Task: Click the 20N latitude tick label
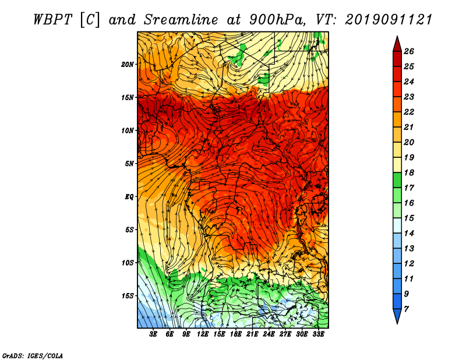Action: (127, 65)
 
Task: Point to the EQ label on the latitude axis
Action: (129, 197)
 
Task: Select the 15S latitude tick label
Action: (127, 296)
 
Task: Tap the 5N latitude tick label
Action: (129, 164)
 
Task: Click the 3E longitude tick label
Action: (153, 334)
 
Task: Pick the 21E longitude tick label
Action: (252, 334)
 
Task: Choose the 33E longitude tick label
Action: (318, 334)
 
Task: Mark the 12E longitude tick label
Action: (202, 334)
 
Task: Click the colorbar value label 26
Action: (409, 51)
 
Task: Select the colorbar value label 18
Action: (409, 172)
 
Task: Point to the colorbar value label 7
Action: (406, 309)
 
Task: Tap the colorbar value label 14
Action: (409, 234)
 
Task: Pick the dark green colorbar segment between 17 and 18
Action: (397, 180)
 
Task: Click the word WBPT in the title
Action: (53, 20)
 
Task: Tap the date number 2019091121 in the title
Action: (389, 20)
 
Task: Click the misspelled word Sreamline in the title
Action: (181, 20)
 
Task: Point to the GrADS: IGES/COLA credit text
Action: (33, 355)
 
